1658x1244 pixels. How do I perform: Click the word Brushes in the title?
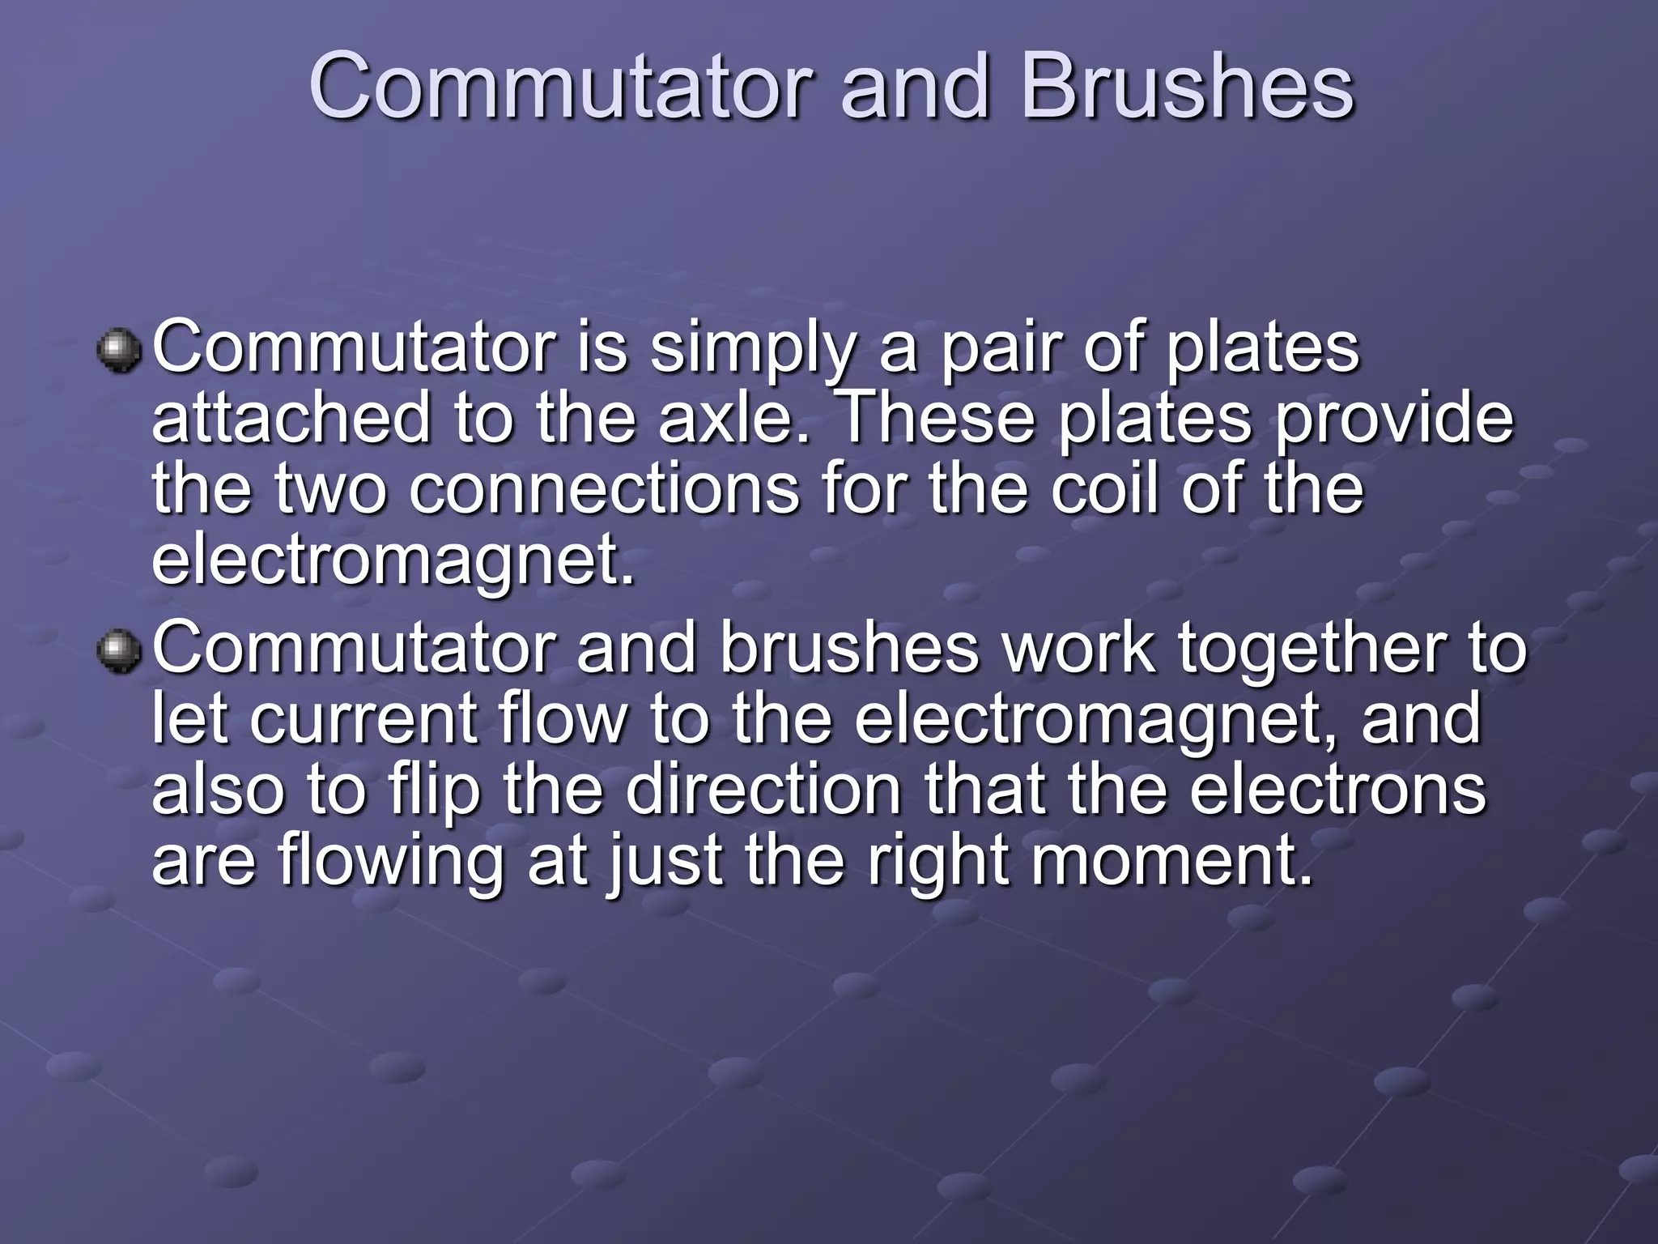pos(1187,87)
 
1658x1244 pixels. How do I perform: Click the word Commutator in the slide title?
pos(560,87)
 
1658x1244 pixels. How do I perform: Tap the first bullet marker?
pos(119,351)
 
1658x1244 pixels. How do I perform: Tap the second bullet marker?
pos(119,652)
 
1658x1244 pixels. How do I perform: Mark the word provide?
pos(1393,419)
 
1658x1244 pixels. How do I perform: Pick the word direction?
pos(763,790)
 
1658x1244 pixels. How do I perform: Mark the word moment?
pos(1171,860)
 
